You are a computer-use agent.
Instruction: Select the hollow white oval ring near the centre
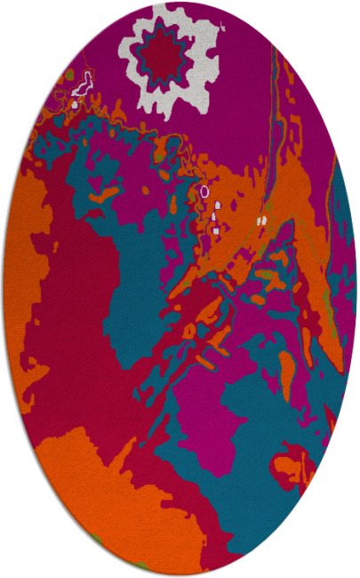point(204,190)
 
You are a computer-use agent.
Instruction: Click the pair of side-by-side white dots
point(261,218)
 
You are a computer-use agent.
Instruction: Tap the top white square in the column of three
point(216,206)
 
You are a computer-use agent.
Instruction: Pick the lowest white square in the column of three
point(216,229)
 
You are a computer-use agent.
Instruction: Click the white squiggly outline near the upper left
point(82,85)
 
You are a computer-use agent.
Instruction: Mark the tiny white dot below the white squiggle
point(75,104)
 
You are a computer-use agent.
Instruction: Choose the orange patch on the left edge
point(22,267)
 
